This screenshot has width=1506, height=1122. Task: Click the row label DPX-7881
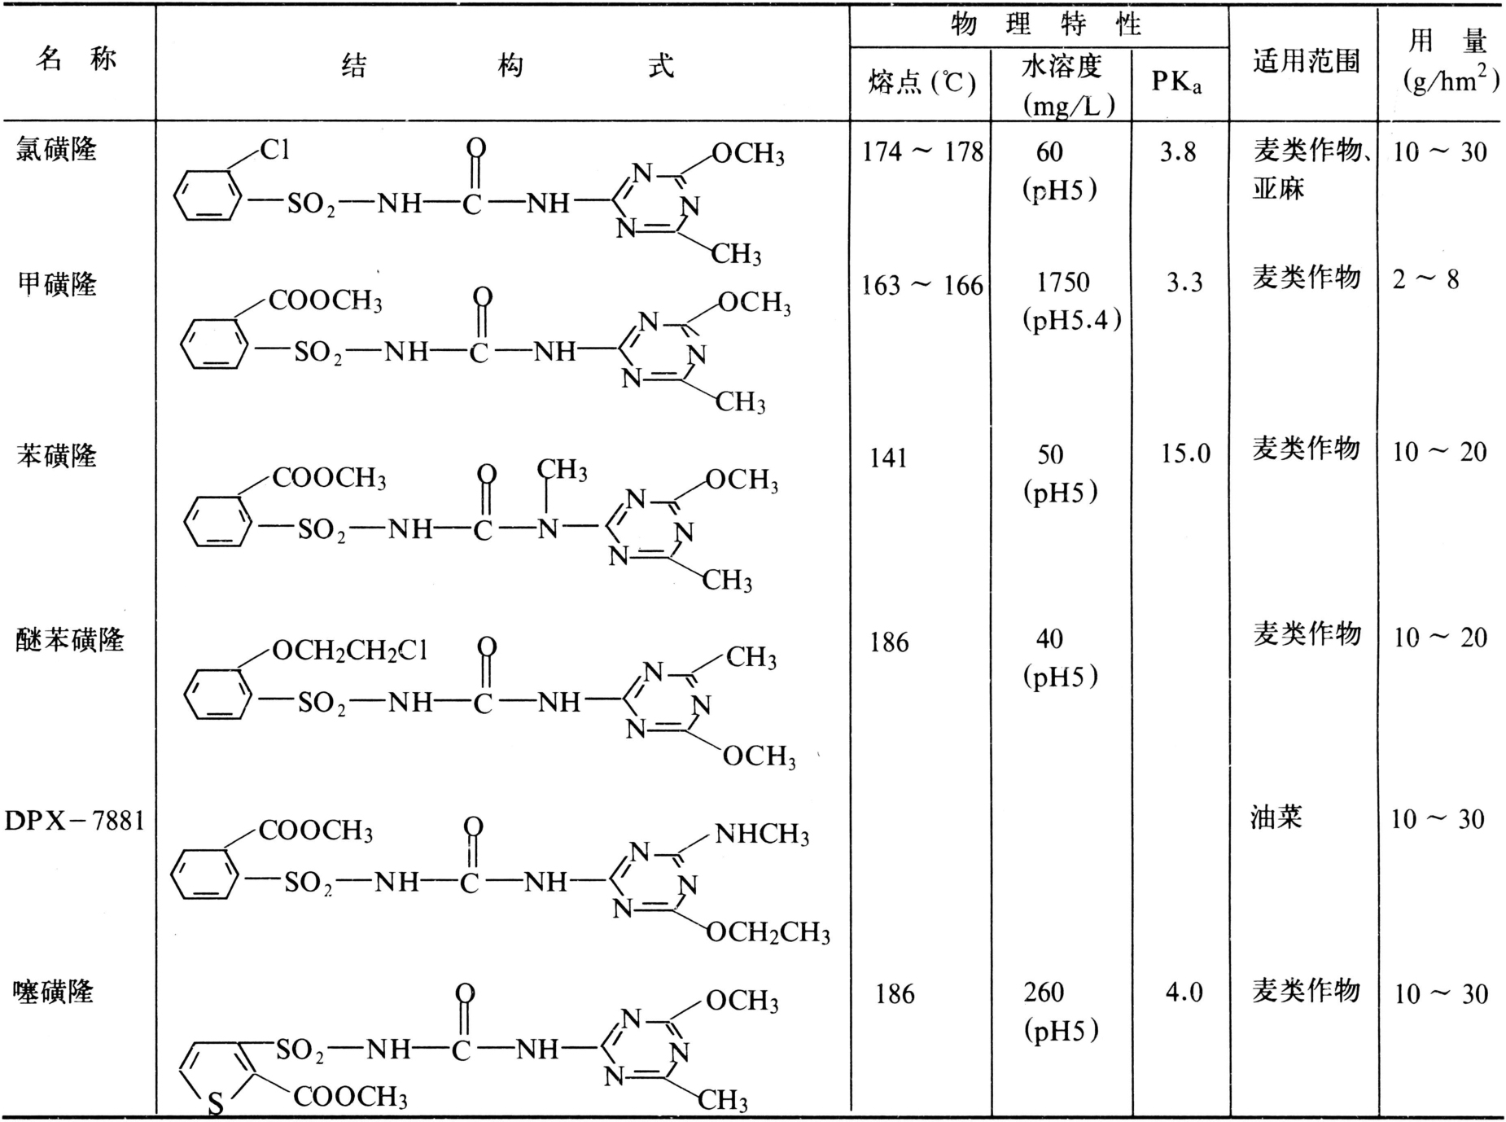click(x=75, y=821)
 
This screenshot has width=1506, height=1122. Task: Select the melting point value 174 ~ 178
click(x=922, y=152)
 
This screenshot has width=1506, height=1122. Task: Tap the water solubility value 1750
click(x=1063, y=283)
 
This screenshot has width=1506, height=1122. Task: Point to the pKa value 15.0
click(x=1186, y=454)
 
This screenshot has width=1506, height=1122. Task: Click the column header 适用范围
click(x=1306, y=61)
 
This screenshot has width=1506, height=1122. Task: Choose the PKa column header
click(x=1176, y=81)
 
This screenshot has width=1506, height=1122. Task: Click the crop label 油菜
click(x=1277, y=817)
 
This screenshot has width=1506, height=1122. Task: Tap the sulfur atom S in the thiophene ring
click(x=216, y=1103)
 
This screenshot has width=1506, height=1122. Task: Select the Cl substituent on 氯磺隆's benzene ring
click(x=274, y=150)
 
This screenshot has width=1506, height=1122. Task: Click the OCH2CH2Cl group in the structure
click(x=350, y=651)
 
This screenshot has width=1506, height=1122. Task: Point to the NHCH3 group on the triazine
click(x=762, y=835)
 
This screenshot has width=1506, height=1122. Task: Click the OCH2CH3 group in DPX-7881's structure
click(x=768, y=932)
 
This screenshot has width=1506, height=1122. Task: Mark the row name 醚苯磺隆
click(x=70, y=640)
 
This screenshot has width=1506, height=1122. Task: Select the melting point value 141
click(x=888, y=458)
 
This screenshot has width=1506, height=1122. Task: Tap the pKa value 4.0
click(x=1184, y=993)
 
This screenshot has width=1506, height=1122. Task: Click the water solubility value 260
click(x=1044, y=993)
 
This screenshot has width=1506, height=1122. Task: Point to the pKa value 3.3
click(x=1184, y=283)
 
